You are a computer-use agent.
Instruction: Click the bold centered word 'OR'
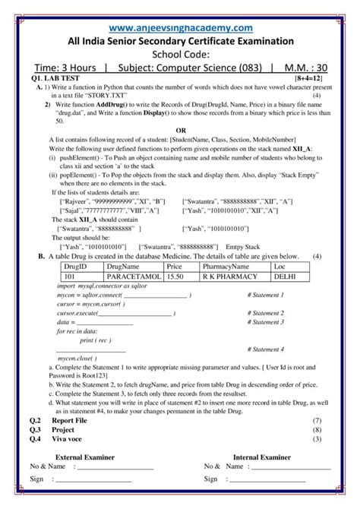tap(181, 130)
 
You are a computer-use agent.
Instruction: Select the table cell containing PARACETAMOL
tap(133, 278)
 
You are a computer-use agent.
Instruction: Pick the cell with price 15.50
tap(176, 278)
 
